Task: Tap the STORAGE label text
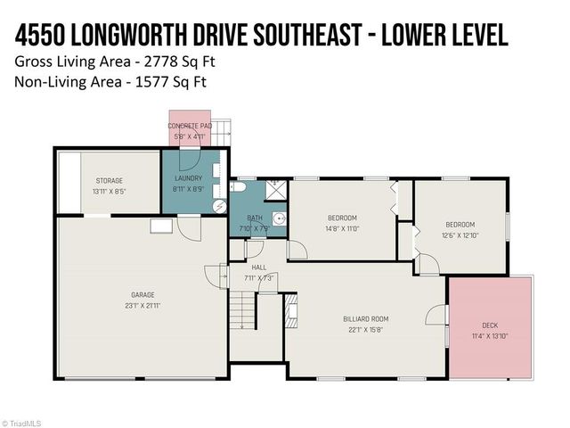[110, 181]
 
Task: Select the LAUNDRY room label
[188, 178]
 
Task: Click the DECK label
[489, 325]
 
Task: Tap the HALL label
[258, 267]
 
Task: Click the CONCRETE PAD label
[191, 127]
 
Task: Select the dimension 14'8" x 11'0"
[342, 228]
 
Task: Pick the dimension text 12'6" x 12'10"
[460, 235]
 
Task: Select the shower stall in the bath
[276, 188]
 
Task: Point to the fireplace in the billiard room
[290, 307]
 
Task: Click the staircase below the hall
[242, 313]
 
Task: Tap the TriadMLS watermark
[21, 423]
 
